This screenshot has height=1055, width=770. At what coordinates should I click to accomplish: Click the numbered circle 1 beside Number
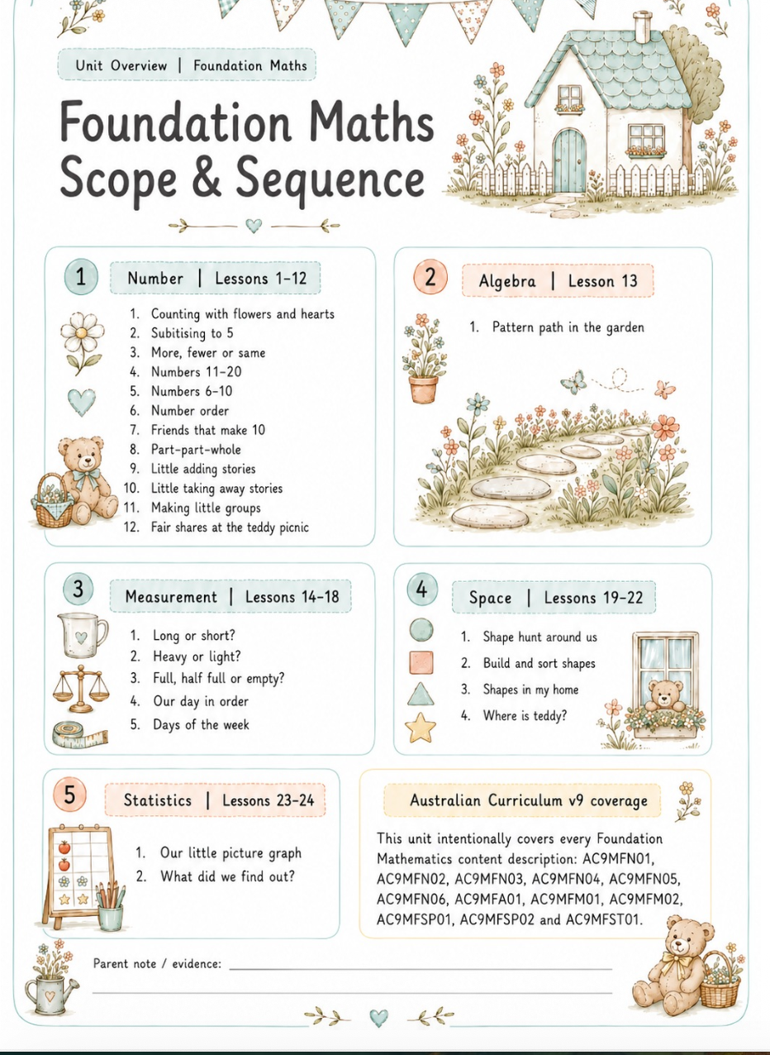[81, 276]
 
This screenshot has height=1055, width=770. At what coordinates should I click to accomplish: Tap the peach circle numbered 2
[430, 277]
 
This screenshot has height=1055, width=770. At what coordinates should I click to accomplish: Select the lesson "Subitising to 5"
[192, 333]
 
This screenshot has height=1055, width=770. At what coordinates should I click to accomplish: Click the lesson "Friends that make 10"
[208, 430]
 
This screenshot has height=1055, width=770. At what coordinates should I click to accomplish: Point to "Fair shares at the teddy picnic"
[230, 527]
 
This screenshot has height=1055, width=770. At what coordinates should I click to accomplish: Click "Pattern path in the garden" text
[568, 327]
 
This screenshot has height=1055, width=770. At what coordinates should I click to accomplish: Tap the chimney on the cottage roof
[643, 27]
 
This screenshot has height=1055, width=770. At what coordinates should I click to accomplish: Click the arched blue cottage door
[569, 161]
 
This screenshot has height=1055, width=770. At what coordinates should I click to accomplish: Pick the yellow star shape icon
[421, 728]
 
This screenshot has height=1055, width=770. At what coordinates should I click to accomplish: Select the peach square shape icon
[421, 662]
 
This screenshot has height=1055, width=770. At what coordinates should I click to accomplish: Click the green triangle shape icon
[421, 695]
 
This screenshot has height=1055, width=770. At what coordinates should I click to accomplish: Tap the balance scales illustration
[81, 689]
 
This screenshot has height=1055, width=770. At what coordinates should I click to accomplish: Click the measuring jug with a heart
[83, 635]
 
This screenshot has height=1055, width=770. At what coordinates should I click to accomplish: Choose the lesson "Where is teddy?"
[525, 716]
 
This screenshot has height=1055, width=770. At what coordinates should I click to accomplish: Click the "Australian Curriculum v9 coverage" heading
[529, 800]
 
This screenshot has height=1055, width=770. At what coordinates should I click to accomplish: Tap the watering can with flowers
[51, 977]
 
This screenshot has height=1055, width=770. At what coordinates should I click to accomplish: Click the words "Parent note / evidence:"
[157, 963]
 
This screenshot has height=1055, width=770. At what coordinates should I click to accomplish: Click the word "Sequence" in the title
[330, 180]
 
